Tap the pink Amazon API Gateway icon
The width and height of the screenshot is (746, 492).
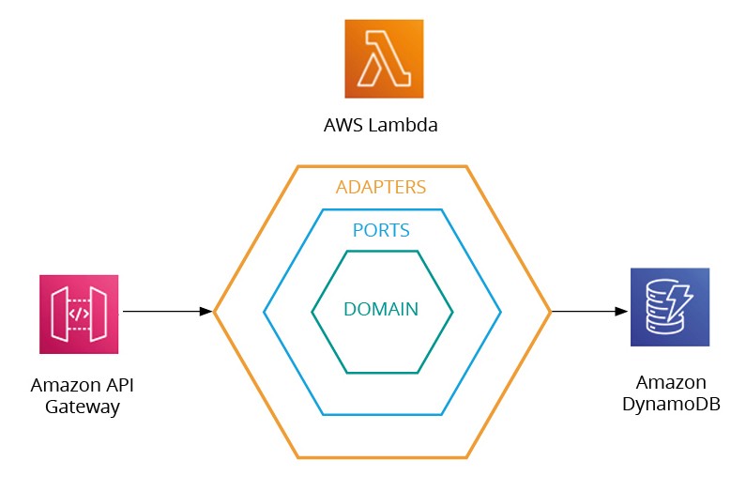tap(79, 314)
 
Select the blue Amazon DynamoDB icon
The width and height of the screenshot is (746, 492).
tap(669, 307)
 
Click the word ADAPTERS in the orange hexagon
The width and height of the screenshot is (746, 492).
tap(381, 187)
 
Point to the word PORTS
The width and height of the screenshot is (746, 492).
tap(381, 229)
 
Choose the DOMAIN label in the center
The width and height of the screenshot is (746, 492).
tap(381, 309)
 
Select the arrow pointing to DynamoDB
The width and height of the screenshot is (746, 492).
tap(588, 311)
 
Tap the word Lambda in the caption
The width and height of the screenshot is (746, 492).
tap(410, 125)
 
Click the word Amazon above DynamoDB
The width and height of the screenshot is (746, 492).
tap(670, 383)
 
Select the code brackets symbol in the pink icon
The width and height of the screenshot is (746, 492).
tap(79, 315)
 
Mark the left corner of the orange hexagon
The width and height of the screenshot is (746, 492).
tap(215, 311)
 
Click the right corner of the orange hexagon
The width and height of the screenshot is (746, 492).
tap(550, 311)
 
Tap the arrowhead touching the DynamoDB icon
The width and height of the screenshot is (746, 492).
tap(622, 311)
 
